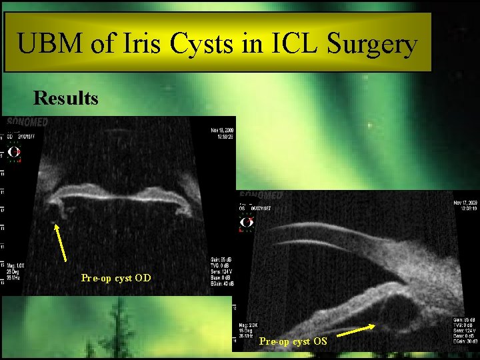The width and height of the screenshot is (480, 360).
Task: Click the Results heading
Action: tap(66, 99)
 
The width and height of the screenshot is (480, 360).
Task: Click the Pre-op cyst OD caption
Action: tap(115, 277)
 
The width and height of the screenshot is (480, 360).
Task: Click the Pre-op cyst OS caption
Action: tap(293, 341)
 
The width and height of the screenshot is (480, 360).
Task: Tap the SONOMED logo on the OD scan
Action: tap(27, 123)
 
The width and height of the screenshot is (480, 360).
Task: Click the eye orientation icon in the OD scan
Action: tap(14, 152)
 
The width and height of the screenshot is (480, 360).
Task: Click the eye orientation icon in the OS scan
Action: tap(247, 222)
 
